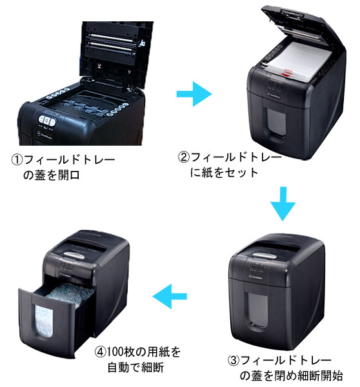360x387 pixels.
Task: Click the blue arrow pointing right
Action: (x=194, y=94)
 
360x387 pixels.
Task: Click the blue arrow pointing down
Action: (x=283, y=204)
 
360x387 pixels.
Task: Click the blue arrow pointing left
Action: (x=170, y=296)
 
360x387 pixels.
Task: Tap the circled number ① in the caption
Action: (x=17, y=160)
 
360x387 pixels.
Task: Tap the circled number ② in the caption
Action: (x=184, y=157)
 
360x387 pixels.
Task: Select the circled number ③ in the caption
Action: (x=234, y=361)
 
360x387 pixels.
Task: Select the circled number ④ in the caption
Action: (x=101, y=352)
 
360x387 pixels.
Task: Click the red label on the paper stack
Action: (x=287, y=72)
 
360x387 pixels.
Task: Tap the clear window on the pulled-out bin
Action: (x=44, y=321)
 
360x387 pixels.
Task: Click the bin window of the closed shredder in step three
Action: (x=258, y=310)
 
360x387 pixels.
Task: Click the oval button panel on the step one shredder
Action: (x=47, y=120)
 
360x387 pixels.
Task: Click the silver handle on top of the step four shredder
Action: (x=74, y=255)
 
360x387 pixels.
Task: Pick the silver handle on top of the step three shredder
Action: (x=265, y=256)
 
